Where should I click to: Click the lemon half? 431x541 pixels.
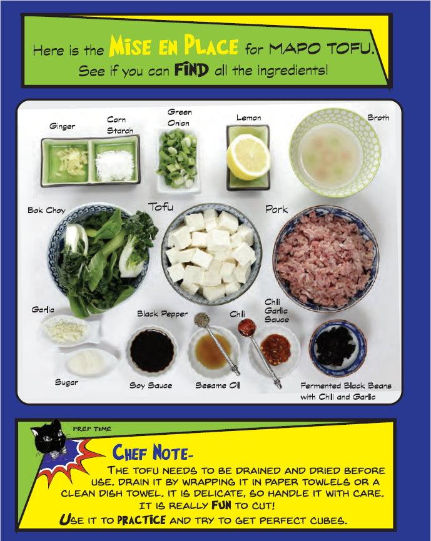click(x=248, y=157)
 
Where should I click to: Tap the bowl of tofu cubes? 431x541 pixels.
click(x=211, y=254)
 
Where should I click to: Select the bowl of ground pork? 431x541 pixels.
click(x=326, y=259)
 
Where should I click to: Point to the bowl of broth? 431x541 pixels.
click(x=335, y=152)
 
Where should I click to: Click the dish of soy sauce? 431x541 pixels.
click(x=152, y=351)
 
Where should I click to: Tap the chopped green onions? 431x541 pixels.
click(x=178, y=159)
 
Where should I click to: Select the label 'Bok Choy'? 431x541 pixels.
click(x=47, y=210)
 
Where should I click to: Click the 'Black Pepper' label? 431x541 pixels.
click(x=162, y=314)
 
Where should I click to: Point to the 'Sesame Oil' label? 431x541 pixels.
click(x=218, y=385)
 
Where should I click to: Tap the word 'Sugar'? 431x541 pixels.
click(x=66, y=382)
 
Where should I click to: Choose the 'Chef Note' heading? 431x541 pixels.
click(x=151, y=453)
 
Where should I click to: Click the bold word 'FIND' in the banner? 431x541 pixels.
click(x=191, y=70)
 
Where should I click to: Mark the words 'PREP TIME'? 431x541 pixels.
click(x=92, y=429)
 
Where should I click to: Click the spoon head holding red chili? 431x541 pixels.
click(x=246, y=327)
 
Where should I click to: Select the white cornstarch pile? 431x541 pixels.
click(x=114, y=166)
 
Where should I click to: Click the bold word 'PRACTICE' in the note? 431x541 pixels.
click(x=141, y=520)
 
